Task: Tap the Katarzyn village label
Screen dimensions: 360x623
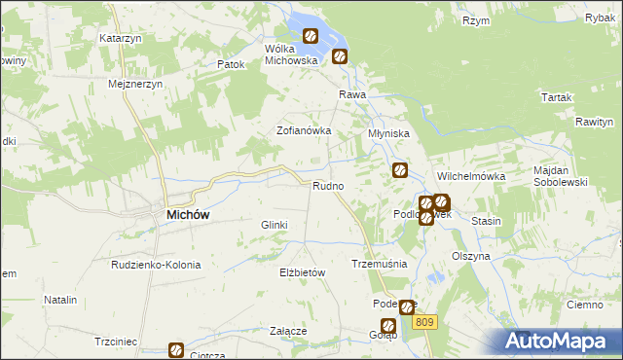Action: tap(121, 38)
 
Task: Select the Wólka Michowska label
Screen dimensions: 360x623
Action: tap(292, 54)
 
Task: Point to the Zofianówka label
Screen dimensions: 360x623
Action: tap(305, 129)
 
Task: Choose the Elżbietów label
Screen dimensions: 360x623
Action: tap(301, 273)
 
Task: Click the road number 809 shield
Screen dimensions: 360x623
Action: tap(422, 320)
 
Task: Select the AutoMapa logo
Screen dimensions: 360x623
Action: tap(560, 341)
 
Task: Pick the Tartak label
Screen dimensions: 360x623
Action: tap(557, 97)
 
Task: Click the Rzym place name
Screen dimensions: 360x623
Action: tap(476, 20)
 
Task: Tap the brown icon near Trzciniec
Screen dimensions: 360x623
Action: tap(176, 349)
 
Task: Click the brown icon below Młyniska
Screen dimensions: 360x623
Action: tap(399, 171)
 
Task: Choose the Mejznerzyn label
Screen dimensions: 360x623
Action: tap(135, 84)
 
